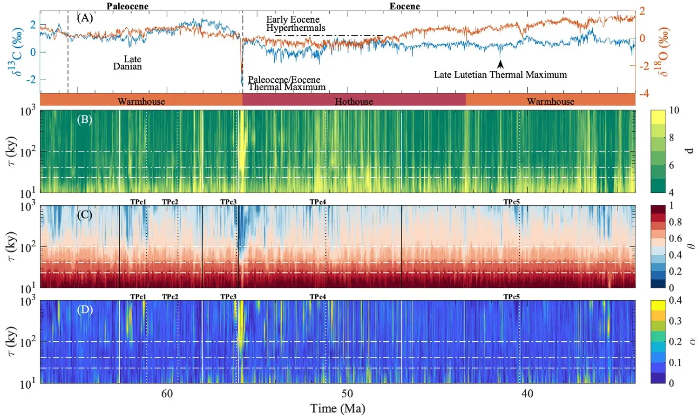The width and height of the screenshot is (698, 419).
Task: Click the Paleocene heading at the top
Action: tap(127, 6)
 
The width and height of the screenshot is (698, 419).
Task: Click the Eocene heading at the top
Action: tap(404, 6)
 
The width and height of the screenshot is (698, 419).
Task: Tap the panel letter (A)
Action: tap(85, 18)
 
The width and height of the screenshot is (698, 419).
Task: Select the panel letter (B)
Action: tap(84, 120)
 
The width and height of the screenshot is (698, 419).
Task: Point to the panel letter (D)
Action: tap(85, 310)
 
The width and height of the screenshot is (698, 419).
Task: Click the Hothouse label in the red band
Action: tap(354, 101)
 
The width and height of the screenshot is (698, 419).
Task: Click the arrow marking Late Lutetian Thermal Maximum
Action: tap(500, 64)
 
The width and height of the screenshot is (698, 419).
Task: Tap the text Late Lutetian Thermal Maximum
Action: tap(500, 74)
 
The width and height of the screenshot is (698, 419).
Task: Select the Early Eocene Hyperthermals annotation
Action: tap(295, 23)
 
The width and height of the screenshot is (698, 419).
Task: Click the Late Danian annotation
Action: tap(128, 62)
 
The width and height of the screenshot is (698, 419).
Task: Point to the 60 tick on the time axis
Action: tap(167, 393)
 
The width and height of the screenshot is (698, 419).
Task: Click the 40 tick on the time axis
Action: tap(527, 393)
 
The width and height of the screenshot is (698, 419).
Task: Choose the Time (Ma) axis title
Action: tap(338, 408)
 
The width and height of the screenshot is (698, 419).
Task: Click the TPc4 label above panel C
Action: tap(318, 202)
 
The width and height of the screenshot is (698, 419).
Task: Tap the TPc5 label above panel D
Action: tap(511, 297)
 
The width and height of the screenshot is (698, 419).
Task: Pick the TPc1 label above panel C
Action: tap(138, 202)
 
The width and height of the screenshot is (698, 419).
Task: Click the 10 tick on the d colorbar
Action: tap(674, 110)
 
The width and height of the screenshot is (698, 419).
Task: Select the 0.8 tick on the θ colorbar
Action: tap(675, 222)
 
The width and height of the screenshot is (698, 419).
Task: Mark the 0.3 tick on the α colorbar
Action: tap(675, 321)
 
